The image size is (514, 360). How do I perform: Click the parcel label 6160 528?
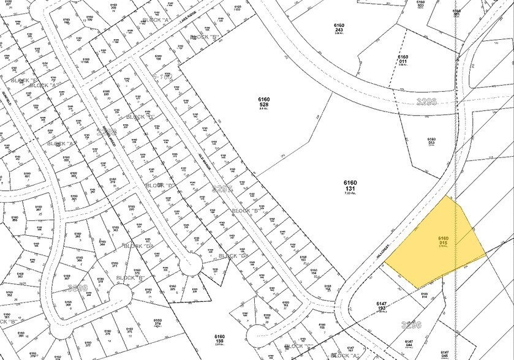pyautogui.click(x=263, y=102)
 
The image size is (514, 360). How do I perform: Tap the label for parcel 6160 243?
pyautogui.click(x=339, y=29)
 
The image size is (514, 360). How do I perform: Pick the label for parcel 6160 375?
pyautogui.click(x=129, y=332)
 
